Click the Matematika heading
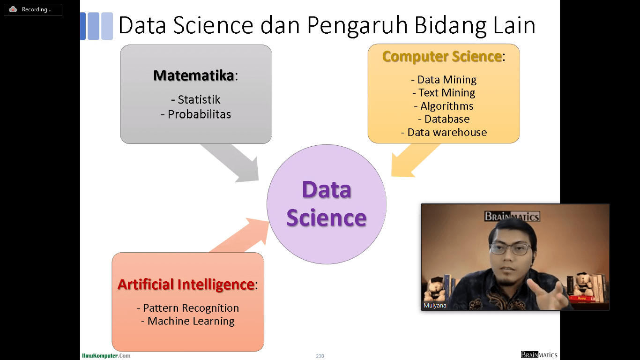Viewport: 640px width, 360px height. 195,75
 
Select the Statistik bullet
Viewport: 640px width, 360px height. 196,99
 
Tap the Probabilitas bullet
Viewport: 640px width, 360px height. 196,114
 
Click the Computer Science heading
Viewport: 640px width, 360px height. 443,56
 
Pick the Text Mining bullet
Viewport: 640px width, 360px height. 444,93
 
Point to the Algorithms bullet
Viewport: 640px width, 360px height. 444,106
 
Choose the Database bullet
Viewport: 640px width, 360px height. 444,119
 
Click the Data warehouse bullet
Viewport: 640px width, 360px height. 444,132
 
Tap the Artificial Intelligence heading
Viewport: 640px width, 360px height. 187,285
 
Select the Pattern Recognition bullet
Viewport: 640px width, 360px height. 188,308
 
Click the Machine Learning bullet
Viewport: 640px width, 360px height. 188,321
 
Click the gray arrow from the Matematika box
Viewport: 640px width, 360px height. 231,162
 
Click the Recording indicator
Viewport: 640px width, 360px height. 33,9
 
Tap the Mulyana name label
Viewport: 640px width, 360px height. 435,305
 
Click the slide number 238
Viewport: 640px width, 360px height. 320,356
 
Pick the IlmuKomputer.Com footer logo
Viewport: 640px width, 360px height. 106,356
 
